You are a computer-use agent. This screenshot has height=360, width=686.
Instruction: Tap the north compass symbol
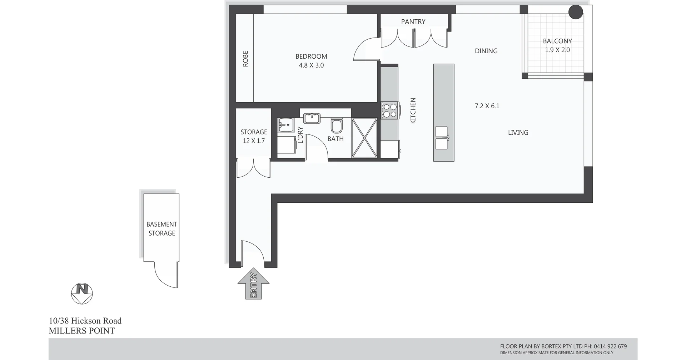coord(82,294)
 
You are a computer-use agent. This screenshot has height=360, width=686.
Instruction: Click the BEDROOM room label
coord(311,56)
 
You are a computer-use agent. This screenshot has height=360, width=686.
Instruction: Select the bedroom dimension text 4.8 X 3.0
coord(311,65)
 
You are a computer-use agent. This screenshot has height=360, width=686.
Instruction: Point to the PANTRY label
coord(413,21)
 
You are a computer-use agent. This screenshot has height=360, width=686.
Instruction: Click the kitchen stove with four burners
coord(390,110)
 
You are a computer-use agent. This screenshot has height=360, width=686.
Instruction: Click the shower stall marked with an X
coord(364,138)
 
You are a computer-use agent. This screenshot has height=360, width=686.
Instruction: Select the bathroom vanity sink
coord(312,118)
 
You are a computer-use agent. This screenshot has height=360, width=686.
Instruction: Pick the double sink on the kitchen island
coord(441,138)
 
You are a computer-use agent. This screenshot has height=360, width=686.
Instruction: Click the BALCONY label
coord(557,41)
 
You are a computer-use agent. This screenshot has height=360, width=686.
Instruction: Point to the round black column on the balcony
coord(576,12)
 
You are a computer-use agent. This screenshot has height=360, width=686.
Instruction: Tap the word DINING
coord(486,51)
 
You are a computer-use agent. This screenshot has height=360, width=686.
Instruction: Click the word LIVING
coord(518,133)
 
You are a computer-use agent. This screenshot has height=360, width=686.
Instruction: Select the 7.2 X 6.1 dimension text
coord(487,106)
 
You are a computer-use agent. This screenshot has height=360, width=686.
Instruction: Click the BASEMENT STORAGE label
coord(161,229)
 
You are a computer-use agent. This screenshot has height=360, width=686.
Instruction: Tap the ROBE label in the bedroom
coord(245,59)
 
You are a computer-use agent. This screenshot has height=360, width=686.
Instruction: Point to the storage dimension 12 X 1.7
coord(254,141)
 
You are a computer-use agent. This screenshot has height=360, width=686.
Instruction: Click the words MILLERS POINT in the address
coord(82,331)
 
